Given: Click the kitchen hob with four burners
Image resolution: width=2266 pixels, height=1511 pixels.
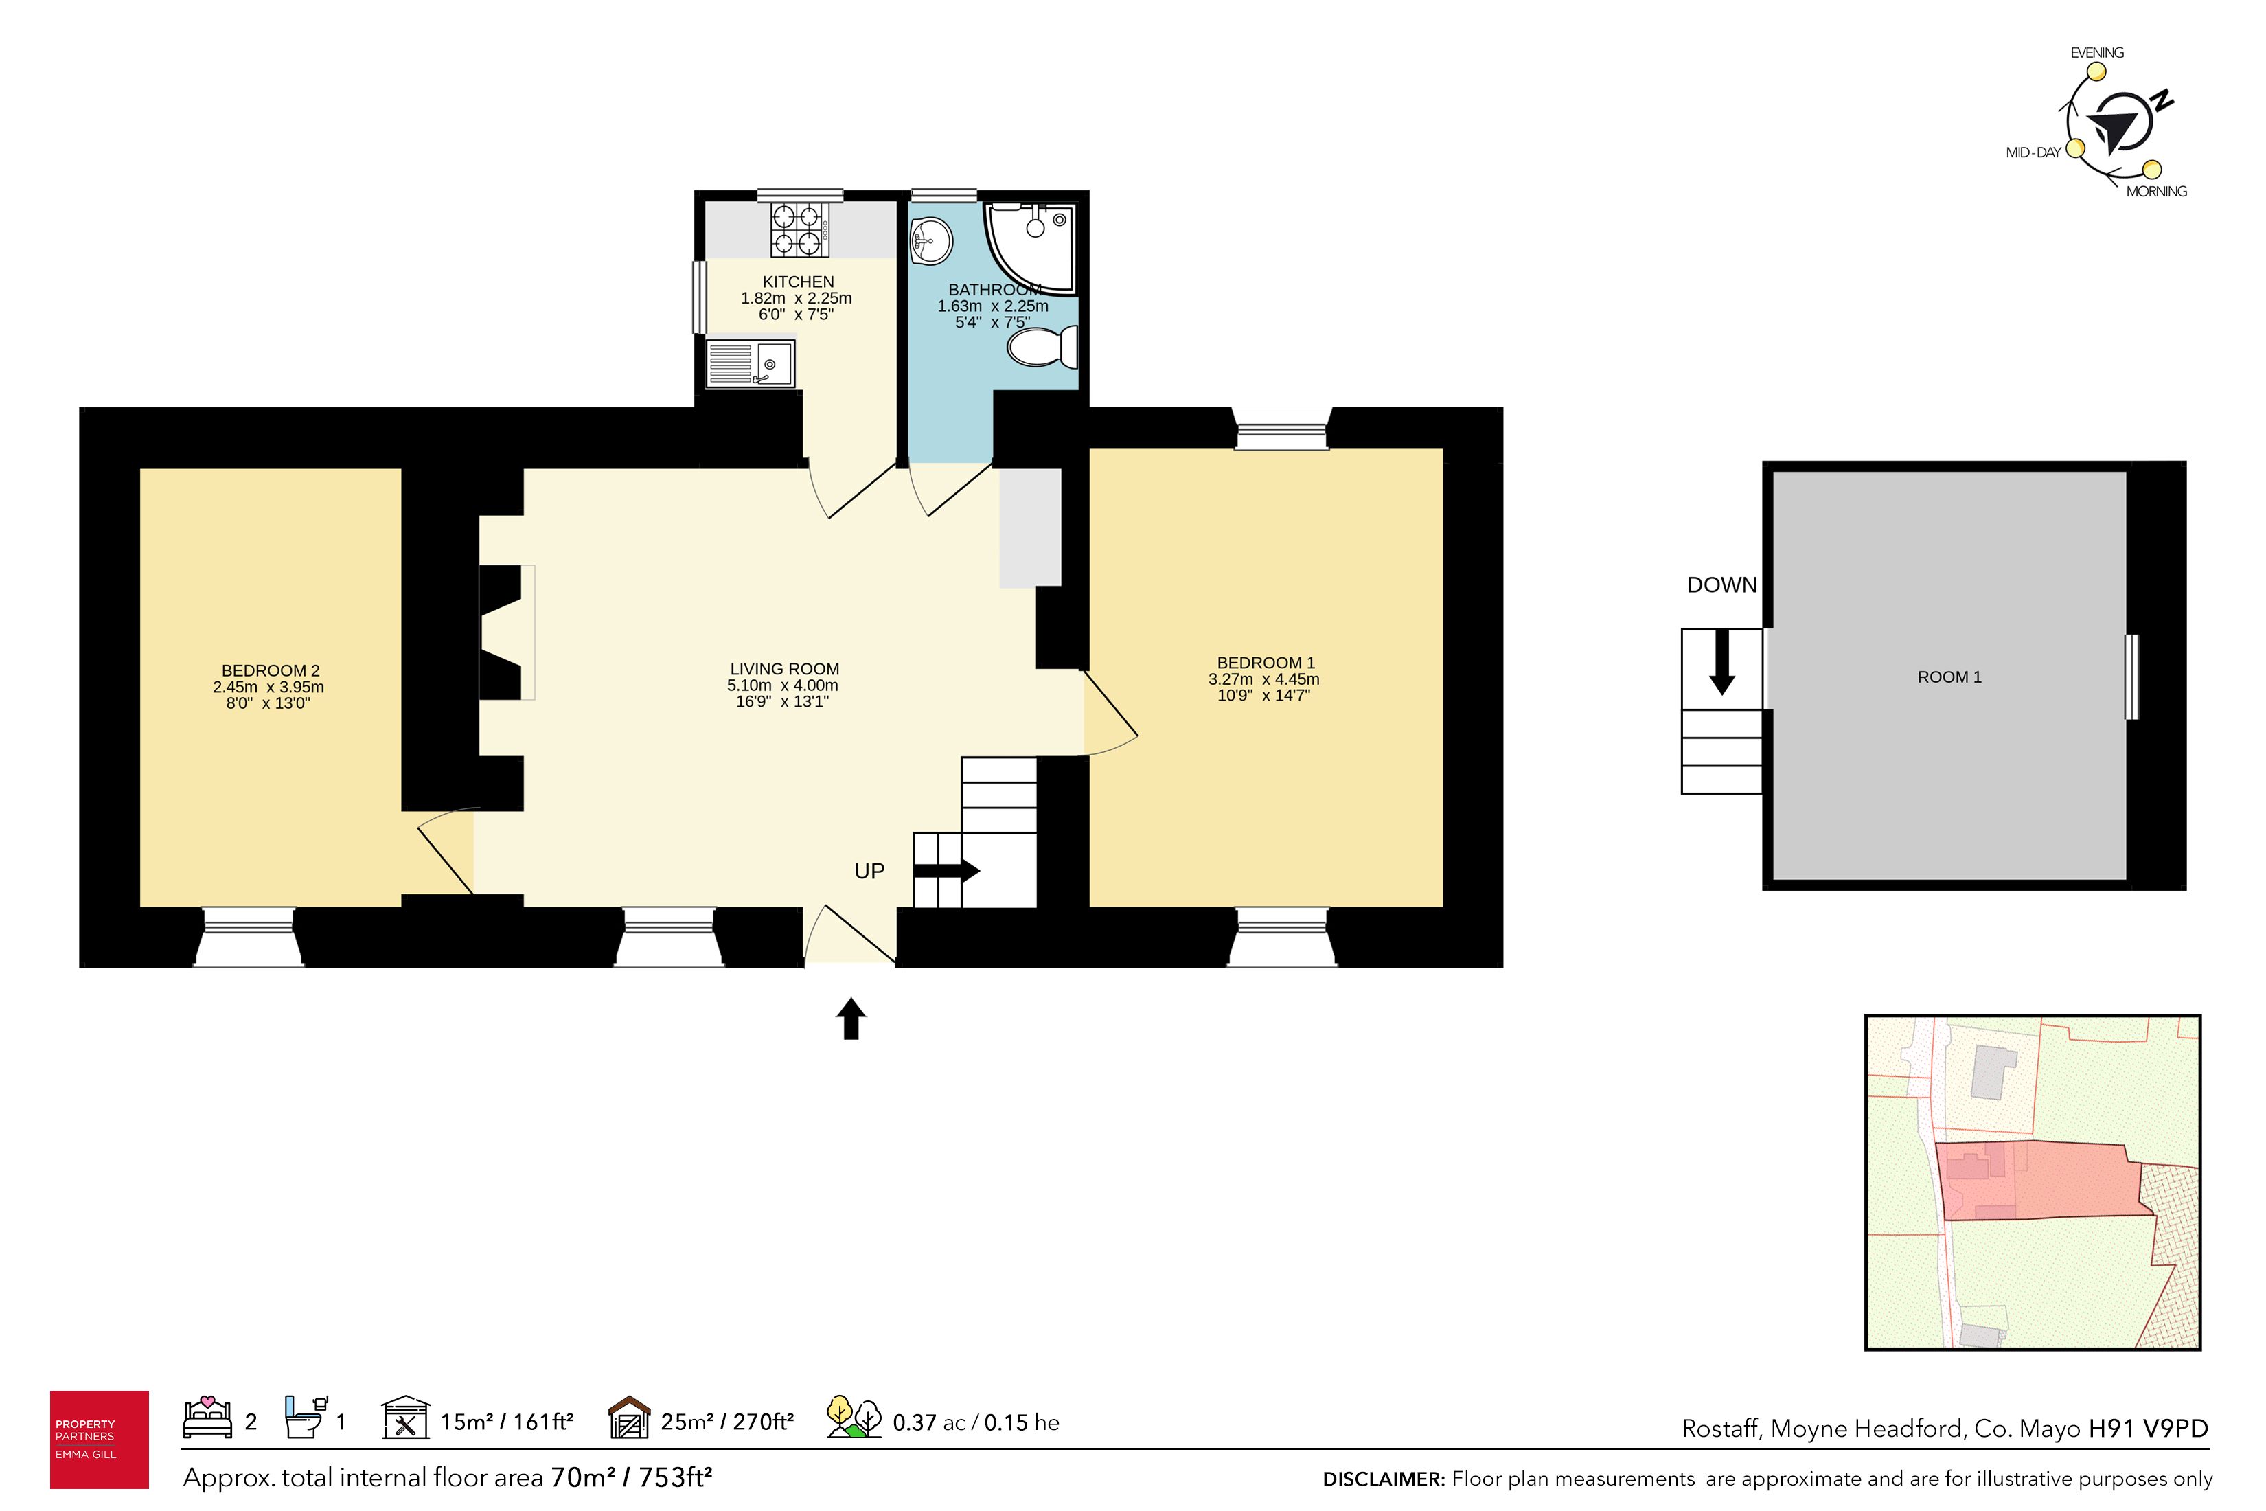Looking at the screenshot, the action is pos(800,229).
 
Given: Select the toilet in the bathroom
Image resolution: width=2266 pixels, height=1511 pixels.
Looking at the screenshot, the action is pos(1042,347).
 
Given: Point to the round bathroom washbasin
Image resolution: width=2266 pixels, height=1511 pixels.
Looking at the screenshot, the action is pos(932,240).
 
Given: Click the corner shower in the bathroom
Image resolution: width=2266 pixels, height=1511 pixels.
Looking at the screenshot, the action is pos(1029,246).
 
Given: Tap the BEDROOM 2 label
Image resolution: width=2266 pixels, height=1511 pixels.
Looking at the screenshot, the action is pos(270,671).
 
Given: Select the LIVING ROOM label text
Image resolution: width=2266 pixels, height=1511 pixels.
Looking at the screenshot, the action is pos(784,669).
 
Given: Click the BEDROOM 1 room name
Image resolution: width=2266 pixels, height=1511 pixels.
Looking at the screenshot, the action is pos(1265,663).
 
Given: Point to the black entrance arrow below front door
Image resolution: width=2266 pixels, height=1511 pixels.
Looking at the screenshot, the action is pos(851,1019).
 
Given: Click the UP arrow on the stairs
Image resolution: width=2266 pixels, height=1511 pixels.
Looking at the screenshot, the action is pos(946,871).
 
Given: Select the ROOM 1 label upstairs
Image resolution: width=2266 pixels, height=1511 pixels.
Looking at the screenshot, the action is pos(1949,677).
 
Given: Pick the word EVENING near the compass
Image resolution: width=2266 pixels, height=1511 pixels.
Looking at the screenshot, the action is pos(2096,53).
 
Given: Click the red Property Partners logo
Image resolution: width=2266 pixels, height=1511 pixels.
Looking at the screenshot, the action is pos(100,1440).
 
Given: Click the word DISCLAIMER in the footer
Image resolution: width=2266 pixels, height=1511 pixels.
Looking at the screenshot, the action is pos(1384,1479).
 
